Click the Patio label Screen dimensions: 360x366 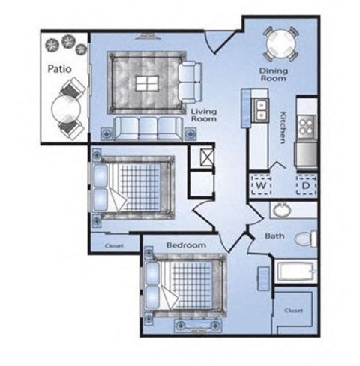point(59,69)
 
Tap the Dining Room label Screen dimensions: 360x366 point(274,74)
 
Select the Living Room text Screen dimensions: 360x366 point(204,115)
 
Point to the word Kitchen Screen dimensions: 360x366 point(283,127)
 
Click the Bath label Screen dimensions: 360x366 point(274,235)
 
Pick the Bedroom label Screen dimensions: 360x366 point(186,244)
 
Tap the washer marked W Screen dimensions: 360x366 point(261,185)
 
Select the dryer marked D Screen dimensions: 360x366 point(306,185)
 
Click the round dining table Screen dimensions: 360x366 point(281,44)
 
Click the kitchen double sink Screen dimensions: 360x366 point(260,110)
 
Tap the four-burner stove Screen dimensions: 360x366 point(307,127)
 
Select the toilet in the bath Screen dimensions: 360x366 point(305,239)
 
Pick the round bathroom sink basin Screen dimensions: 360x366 point(282,210)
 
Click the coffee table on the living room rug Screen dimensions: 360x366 point(147,83)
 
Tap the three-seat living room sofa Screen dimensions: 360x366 point(148,128)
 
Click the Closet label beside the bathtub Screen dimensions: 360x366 point(294,310)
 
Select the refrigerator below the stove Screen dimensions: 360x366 point(306,154)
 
